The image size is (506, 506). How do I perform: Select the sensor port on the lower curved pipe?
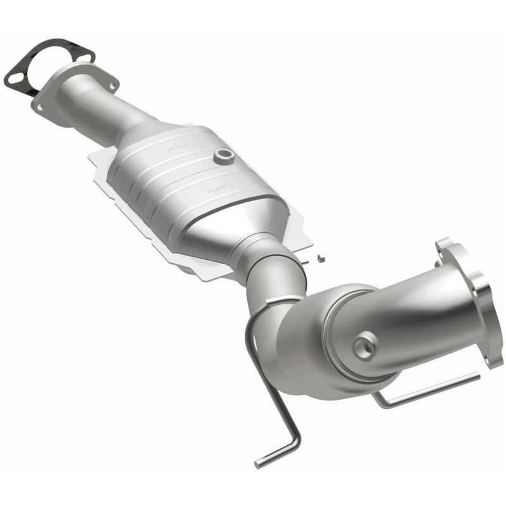pyautogui.click(x=365, y=345)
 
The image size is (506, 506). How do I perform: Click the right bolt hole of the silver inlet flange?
pyautogui.click(x=112, y=85)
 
